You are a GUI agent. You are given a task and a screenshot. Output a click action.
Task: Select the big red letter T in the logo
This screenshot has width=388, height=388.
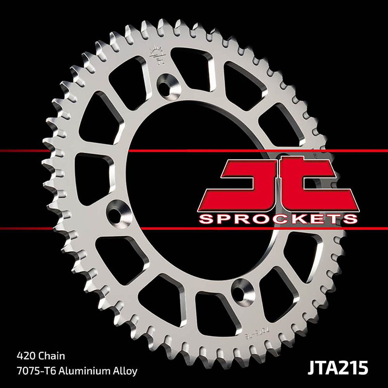[x=307, y=182]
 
